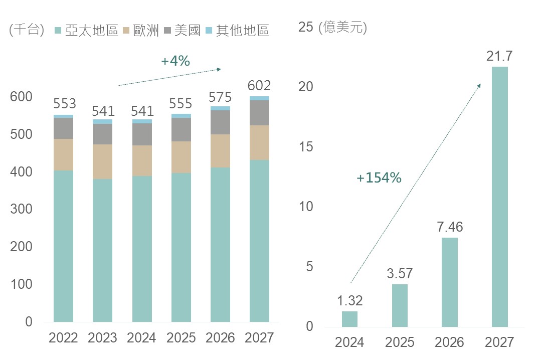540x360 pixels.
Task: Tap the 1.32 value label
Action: point(349,301)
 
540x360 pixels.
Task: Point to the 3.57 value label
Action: point(400,274)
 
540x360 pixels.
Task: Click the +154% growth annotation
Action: point(379,177)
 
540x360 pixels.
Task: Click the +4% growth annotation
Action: point(175,61)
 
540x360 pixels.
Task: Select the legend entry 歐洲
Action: point(141,31)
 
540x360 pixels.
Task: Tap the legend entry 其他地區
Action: point(237,31)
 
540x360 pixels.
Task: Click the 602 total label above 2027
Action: point(259,85)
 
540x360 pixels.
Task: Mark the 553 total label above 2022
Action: point(64,103)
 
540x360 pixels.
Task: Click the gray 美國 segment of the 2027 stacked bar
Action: point(259,113)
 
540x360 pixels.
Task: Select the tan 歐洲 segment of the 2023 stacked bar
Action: point(102,161)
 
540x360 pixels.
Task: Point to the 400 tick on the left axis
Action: point(22,172)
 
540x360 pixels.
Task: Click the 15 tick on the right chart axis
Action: point(306,147)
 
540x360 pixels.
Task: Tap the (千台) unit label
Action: point(27,30)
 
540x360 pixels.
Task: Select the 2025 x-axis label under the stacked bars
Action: point(181,338)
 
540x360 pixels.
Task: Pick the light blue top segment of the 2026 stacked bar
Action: point(220,108)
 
